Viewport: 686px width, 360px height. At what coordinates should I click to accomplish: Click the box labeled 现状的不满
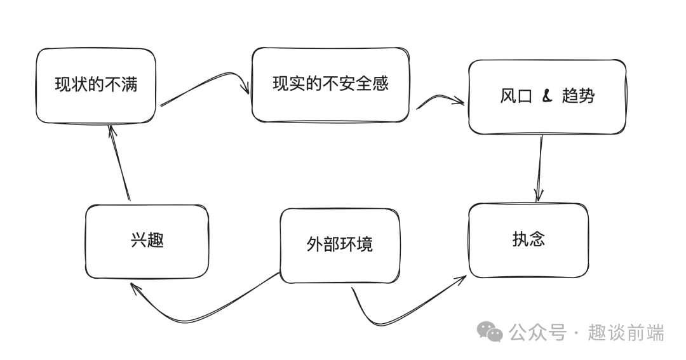[95, 85]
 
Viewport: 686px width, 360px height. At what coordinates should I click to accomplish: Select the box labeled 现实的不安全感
[330, 84]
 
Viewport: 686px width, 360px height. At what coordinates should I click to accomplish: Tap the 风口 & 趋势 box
[547, 97]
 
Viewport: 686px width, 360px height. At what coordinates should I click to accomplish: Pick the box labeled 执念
[528, 240]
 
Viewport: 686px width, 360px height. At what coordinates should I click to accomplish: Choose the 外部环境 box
[340, 245]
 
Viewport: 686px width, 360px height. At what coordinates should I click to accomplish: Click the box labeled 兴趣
[147, 241]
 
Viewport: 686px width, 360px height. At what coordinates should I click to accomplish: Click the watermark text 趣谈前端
[626, 332]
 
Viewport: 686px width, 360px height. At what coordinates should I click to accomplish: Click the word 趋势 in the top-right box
[578, 97]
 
